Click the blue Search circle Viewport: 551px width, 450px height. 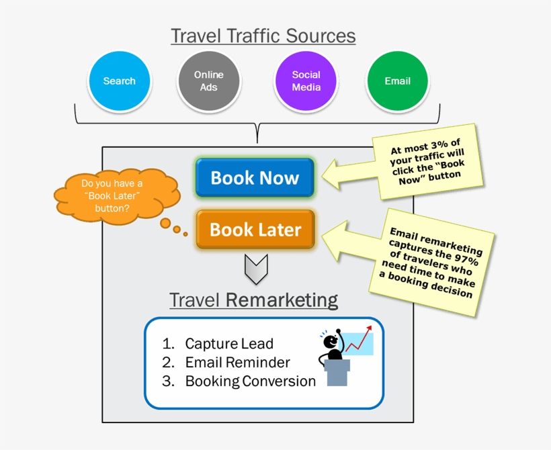(x=120, y=81)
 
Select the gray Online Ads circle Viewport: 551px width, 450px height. (x=209, y=81)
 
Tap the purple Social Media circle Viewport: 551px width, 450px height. (x=306, y=81)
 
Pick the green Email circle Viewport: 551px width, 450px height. (x=397, y=81)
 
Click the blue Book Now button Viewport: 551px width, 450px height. (x=255, y=178)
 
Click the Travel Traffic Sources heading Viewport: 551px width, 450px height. (x=263, y=35)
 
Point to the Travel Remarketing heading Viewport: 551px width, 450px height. (x=253, y=300)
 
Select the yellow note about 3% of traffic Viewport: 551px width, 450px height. (x=428, y=161)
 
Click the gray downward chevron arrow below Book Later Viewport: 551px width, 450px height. (x=256, y=269)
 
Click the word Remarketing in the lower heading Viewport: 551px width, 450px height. (x=282, y=300)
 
